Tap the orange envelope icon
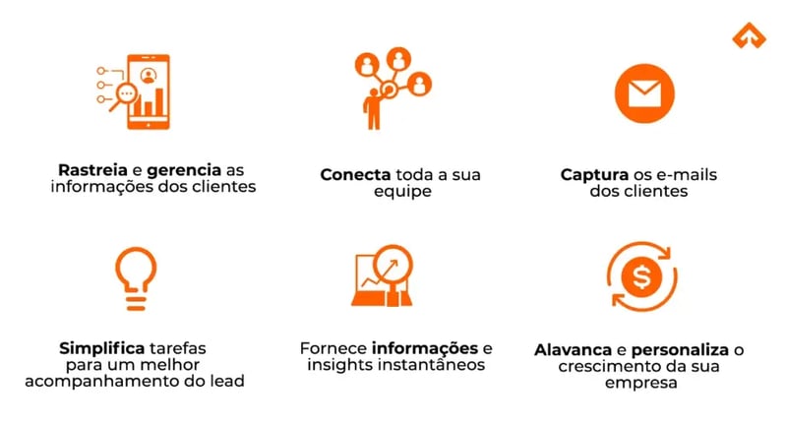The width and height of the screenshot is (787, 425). [643, 92]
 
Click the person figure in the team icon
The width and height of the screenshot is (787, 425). [373, 109]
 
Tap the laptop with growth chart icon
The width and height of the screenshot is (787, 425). [390, 278]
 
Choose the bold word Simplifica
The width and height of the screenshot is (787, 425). [100, 348]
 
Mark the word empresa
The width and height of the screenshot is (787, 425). [642, 383]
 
